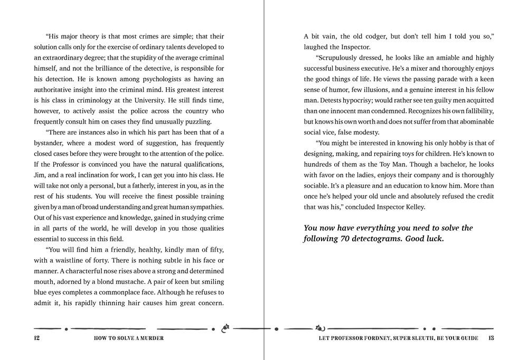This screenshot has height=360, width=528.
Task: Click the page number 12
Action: coord(36,338)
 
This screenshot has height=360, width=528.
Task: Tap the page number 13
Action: coord(491,338)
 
